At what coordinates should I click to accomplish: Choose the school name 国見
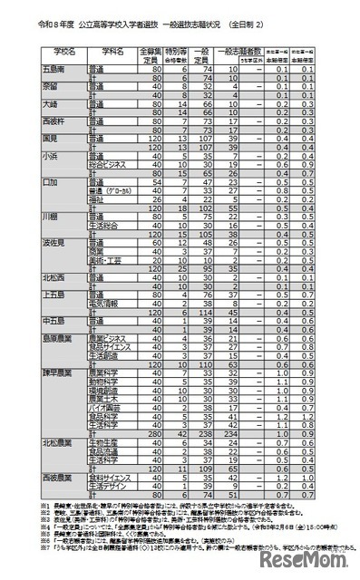(x=27, y=139)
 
